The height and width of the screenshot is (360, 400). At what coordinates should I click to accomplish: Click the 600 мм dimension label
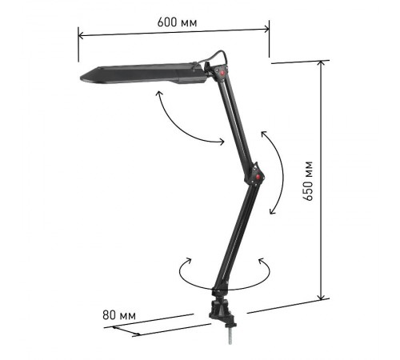tap(177, 22)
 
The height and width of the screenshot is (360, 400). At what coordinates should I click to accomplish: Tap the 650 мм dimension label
tap(308, 181)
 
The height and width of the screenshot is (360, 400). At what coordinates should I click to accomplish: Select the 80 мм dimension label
tap(119, 315)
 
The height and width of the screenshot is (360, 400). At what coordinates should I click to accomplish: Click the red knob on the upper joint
tap(222, 72)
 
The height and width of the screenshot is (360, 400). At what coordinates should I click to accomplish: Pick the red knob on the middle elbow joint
tap(258, 177)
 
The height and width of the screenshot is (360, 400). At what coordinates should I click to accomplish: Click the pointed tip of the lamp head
tap(81, 78)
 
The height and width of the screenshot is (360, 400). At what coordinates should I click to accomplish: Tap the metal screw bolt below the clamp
tap(230, 336)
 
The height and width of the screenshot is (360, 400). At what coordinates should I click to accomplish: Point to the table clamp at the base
tap(221, 312)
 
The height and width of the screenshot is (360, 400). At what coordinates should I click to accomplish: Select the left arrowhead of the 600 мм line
tap(81, 35)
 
